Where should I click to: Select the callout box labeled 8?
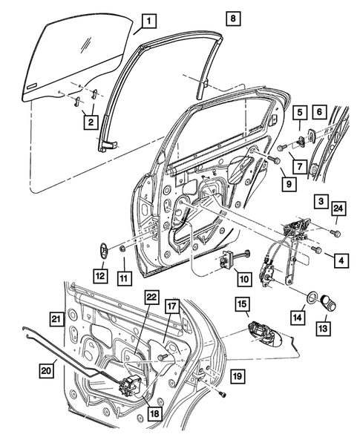pos(232,18)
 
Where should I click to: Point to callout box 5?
pos(300,114)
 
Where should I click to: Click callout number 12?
pos(99,276)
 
